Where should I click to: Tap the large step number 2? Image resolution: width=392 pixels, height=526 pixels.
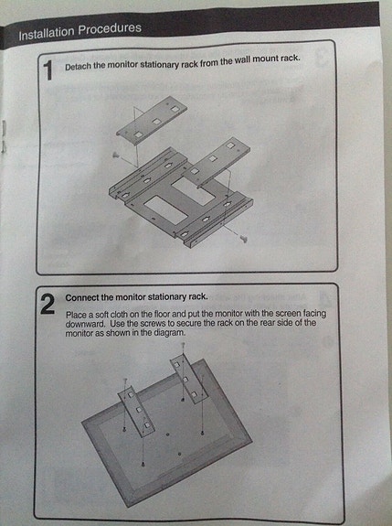[47, 305]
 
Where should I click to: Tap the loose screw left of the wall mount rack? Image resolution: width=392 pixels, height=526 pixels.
[114, 156]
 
